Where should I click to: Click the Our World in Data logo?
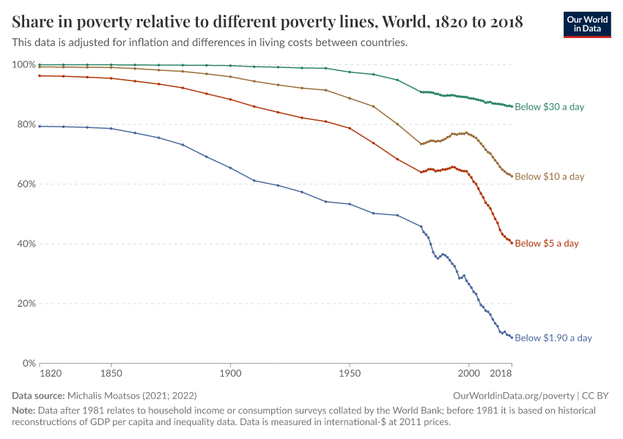tap(586, 24)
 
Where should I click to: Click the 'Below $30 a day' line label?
tap(549, 107)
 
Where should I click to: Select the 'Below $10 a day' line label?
tap(549, 176)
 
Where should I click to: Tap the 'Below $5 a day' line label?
tap(547, 243)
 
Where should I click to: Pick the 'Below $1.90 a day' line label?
tap(553, 338)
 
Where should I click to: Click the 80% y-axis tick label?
tap(26, 124)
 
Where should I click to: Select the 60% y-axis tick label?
tap(26, 184)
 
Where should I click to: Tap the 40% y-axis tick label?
tap(26, 244)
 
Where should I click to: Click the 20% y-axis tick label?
tap(26, 304)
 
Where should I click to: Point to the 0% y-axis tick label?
tap(29, 363)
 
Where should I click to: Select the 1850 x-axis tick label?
tap(111, 374)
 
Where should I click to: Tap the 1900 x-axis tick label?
tap(230, 374)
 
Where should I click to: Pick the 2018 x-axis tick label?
tap(501, 374)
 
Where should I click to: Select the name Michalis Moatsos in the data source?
tap(114, 395)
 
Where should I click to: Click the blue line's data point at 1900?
tap(230, 168)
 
